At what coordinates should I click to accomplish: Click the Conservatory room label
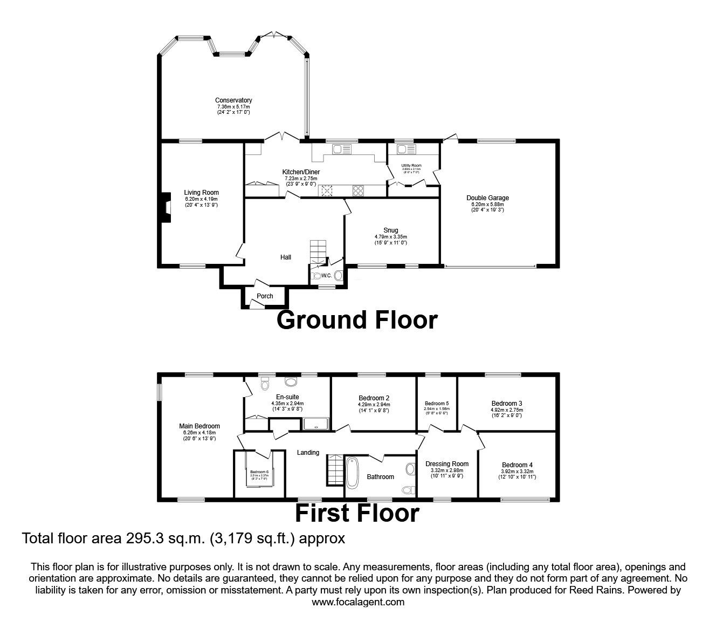233,100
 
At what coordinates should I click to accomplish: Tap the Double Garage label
487,198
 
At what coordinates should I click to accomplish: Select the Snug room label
390,230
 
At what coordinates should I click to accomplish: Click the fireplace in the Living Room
164,208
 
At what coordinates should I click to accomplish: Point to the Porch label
265,296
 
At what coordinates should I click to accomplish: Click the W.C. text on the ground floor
327,276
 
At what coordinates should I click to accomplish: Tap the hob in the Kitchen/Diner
358,190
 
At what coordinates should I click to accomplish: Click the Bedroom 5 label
436,404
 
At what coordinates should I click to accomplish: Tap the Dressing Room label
447,464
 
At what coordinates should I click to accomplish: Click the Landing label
308,453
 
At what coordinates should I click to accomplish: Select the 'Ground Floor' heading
356,320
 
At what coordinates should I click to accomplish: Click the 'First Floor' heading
357,513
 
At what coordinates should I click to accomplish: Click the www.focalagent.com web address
358,602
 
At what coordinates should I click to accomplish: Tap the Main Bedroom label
199,426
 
